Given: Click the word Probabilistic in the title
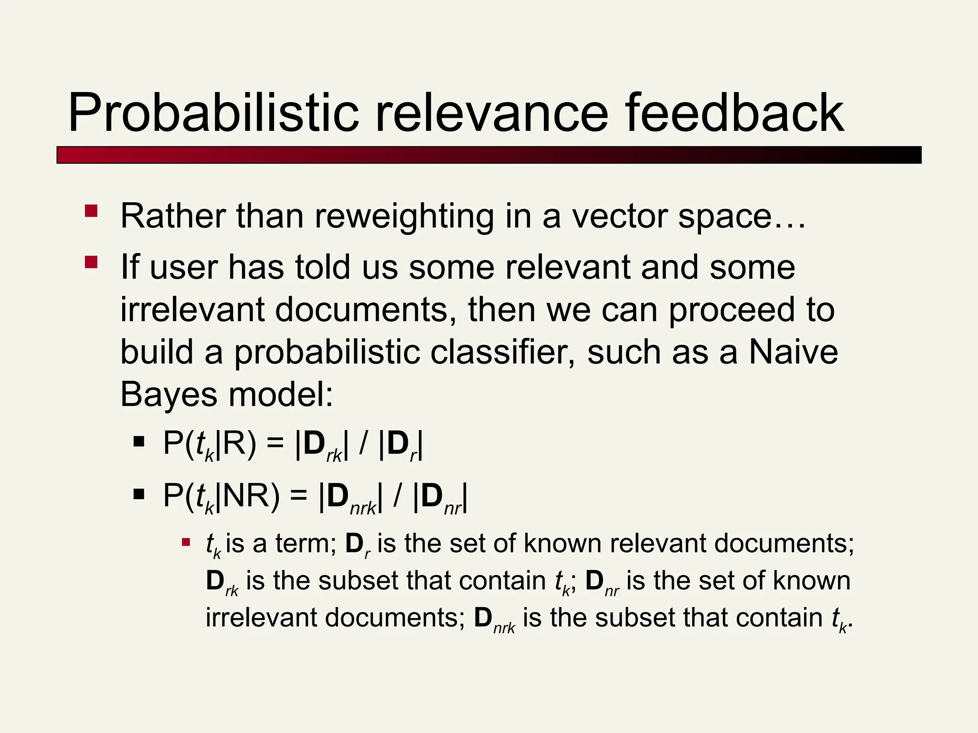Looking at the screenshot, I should (x=213, y=114).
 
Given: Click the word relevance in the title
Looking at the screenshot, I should (x=492, y=114).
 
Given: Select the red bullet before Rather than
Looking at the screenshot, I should (x=91, y=211).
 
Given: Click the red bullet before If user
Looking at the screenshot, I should (x=91, y=262).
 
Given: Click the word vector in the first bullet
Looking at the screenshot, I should (x=620, y=216).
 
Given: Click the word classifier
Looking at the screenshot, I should (x=502, y=352).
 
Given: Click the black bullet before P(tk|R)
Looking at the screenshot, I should (x=139, y=442).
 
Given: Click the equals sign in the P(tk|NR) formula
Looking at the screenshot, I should (x=299, y=496).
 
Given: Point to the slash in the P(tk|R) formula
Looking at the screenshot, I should (x=363, y=444).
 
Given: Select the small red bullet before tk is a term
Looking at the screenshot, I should (x=186, y=542).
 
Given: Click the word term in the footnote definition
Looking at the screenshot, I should (x=306, y=544).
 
